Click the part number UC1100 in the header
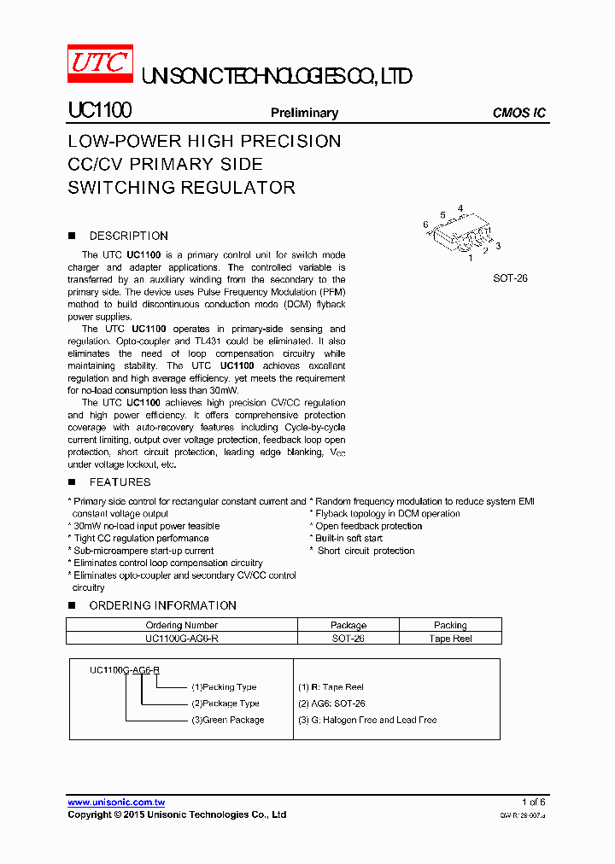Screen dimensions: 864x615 point(99,112)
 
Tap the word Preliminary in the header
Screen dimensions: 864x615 point(304,113)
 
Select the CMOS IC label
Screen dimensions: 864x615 point(519,113)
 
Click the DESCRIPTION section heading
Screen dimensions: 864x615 point(128,236)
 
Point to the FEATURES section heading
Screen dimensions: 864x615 point(120,482)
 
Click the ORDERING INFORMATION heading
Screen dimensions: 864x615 point(162,605)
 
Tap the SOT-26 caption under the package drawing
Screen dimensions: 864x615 point(510,278)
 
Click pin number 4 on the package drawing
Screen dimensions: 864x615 point(460,208)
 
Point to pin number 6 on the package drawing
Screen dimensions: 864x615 point(425,225)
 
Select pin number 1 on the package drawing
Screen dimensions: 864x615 point(470,257)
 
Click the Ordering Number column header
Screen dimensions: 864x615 point(182,626)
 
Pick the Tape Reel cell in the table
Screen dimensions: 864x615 point(450,639)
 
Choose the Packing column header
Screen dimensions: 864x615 point(450,626)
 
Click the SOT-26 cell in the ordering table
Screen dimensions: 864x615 point(348,639)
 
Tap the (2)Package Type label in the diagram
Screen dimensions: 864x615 point(225,703)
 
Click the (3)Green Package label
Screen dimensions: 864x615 point(227,720)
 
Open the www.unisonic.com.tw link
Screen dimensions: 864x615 point(116,803)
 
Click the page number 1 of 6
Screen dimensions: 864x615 point(533,802)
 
